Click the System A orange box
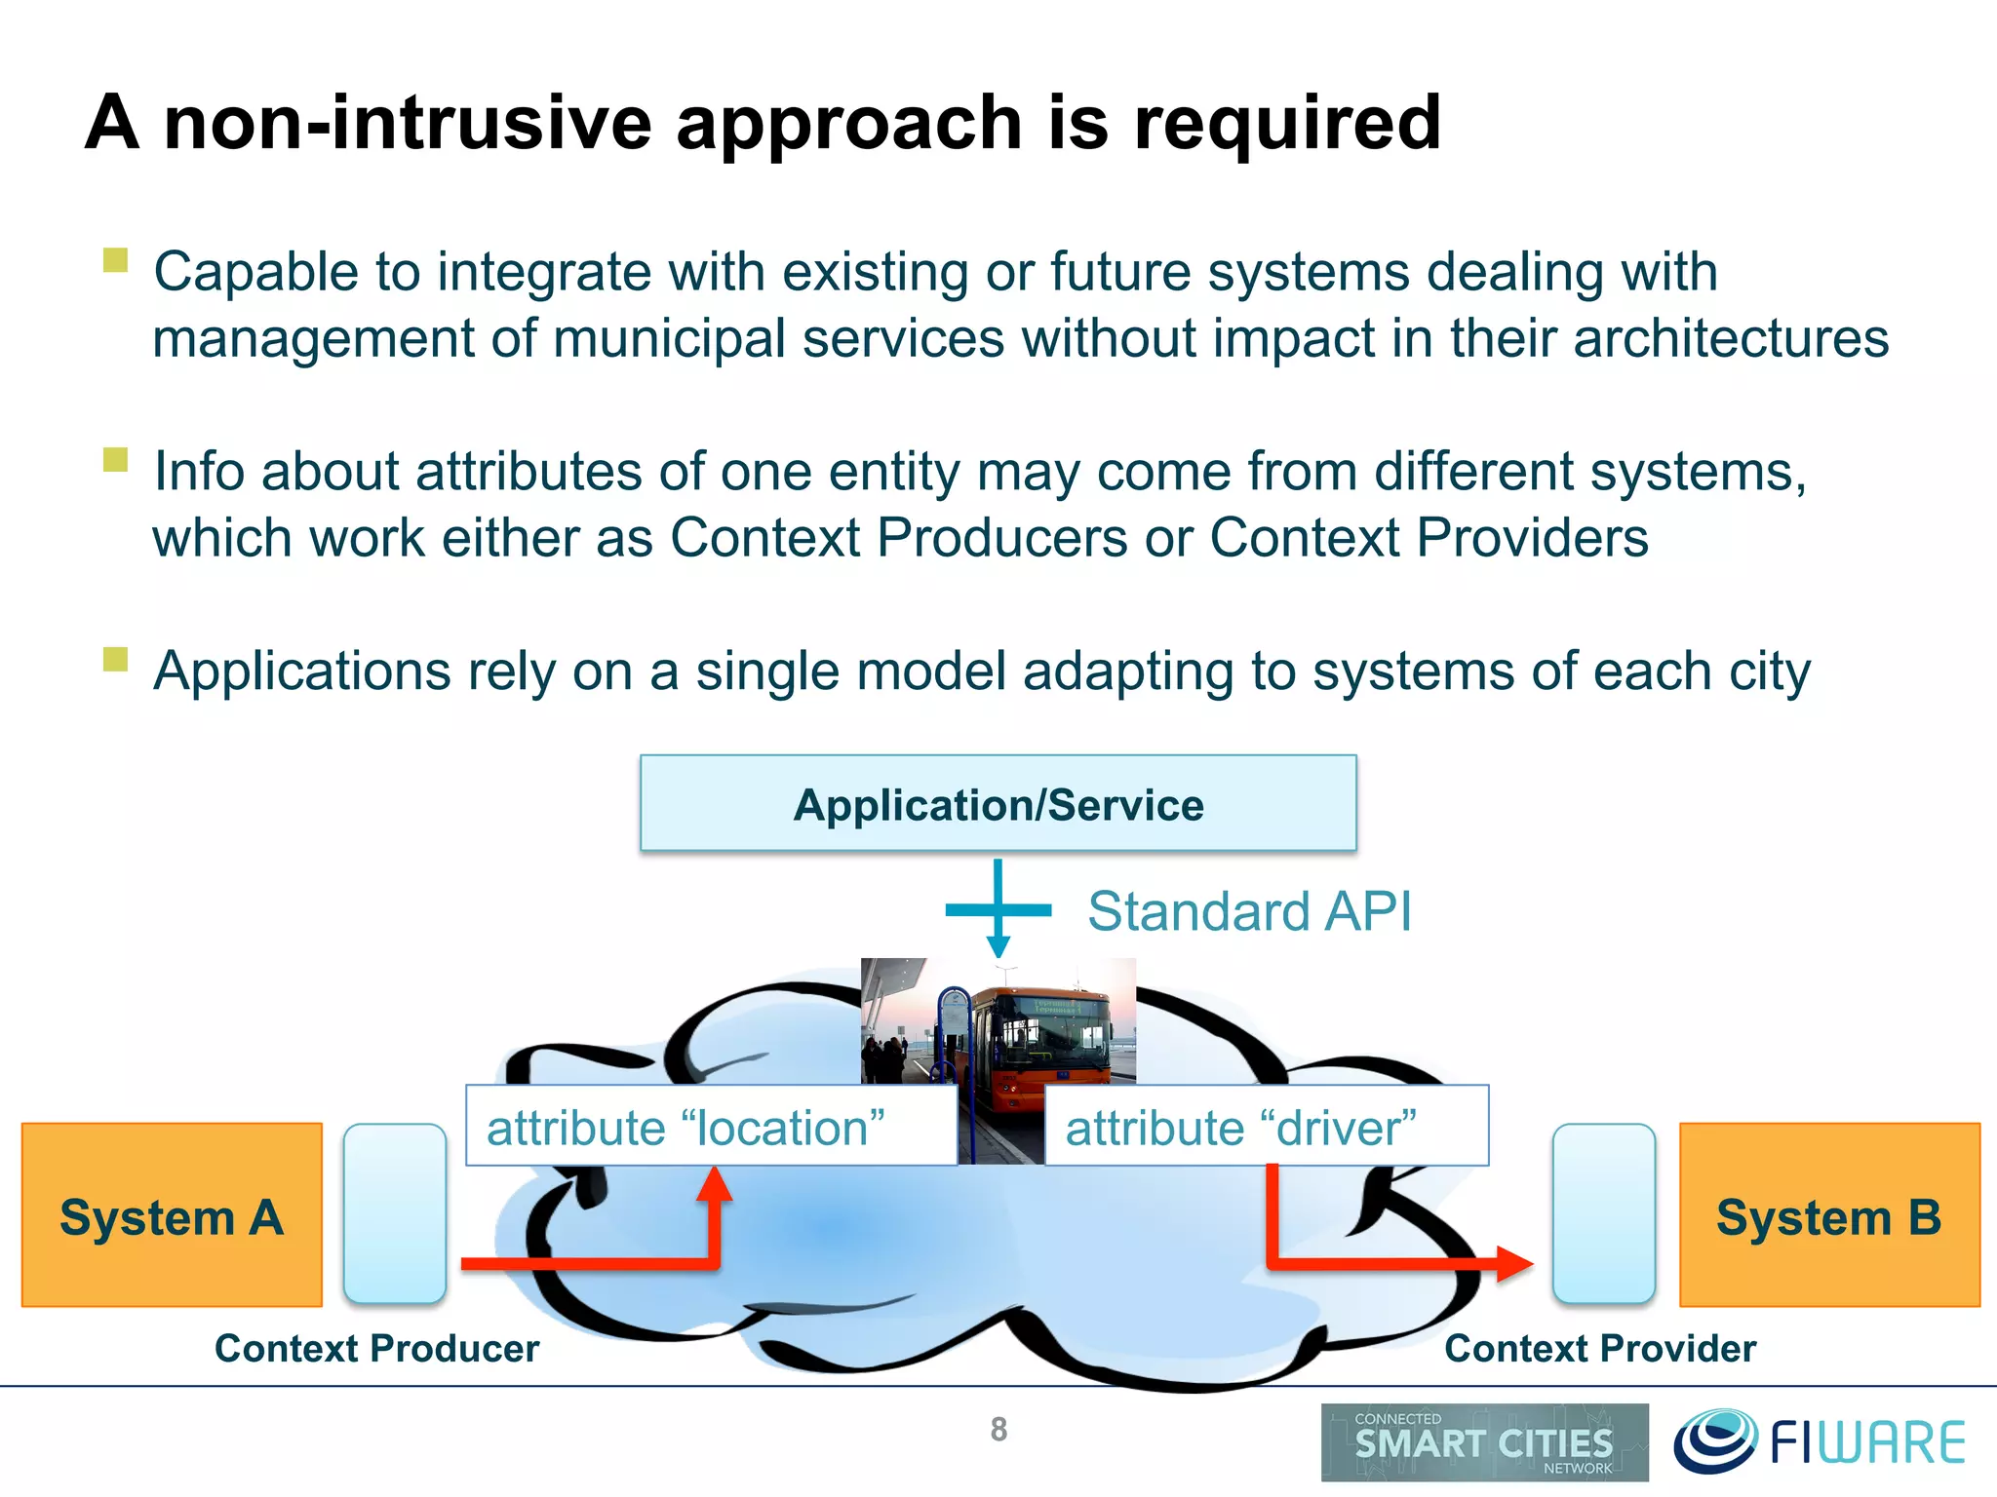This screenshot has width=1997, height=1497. pyautogui.click(x=172, y=1214)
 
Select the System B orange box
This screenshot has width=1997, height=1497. pyautogui.click(x=1829, y=1214)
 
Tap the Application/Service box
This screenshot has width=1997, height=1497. pyautogui.click(x=998, y=804)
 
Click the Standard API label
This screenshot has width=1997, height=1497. pyautogui.click(x=1249, y=912)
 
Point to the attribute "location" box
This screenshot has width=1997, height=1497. pyautogui.click(x=711, y=1126)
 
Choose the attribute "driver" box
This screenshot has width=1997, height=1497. pyautogui.click(x=1266, y=1126)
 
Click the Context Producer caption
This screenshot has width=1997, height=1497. pyautogui.click(x=376, y=1349)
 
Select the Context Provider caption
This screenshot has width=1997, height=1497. pyautogui.click(x=1600, y=1349)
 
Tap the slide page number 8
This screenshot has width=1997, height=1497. pyautogui.click(x=998, y=1430)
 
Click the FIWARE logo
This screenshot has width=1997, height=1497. pyautogui.click(x=1820, y=1442)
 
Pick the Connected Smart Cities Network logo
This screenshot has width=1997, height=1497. pyautogui.click(x=1484, y=1442)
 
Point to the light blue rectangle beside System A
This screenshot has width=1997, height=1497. pyautogui.click(x=395, y=1213)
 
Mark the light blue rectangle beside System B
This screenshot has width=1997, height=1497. pyautogui.click(x=1604, y=1213)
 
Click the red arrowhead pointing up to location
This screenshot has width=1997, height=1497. pyautogui.click(x=715, y=1182)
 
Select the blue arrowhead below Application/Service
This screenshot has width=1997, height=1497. pyautogui.click(x=998, y=945)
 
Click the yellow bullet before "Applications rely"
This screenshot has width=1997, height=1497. pyautogui.click(x=115, y=659)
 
